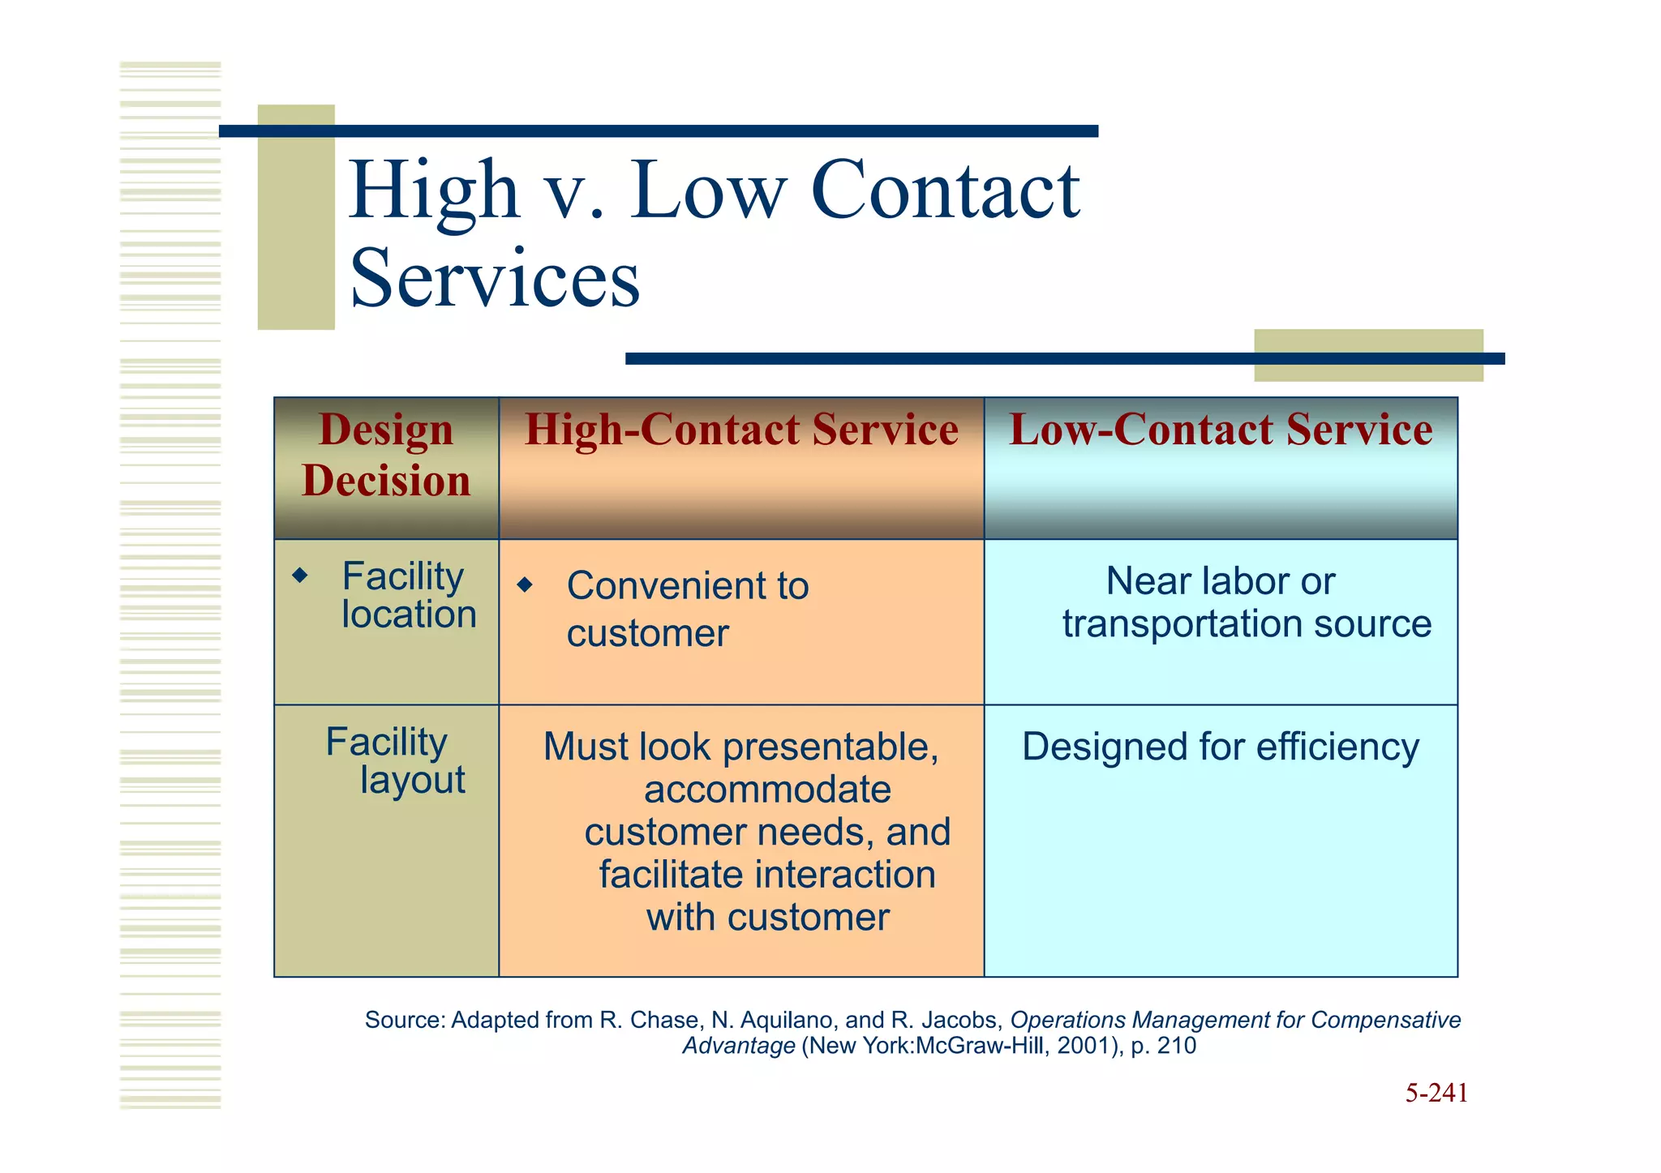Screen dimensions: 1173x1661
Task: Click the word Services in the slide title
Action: click(x=495, y=279)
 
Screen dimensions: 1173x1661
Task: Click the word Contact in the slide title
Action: click(x=945, y=191)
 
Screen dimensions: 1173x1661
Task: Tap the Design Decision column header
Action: click(x=386, y=455)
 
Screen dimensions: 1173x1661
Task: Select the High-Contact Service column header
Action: click(x=740, y=430)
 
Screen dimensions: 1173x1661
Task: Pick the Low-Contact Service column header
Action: click(x=1220, y=430)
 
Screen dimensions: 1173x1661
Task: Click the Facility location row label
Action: click(x=408, y=595)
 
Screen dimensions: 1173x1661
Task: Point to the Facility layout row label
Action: click(x=395, y=760)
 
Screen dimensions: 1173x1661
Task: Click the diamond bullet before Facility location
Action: click(x=300, y=576)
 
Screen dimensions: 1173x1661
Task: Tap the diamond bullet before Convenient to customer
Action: click(x=525, y=584)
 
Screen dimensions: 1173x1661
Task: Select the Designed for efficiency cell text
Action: click(x=1220, y=747)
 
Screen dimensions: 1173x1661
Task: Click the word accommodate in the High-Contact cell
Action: click(x=767, y=790)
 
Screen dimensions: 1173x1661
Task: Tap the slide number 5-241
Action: click(x=1436, y=1093)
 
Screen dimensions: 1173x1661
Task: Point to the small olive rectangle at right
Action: click(x=1368, y=355)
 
